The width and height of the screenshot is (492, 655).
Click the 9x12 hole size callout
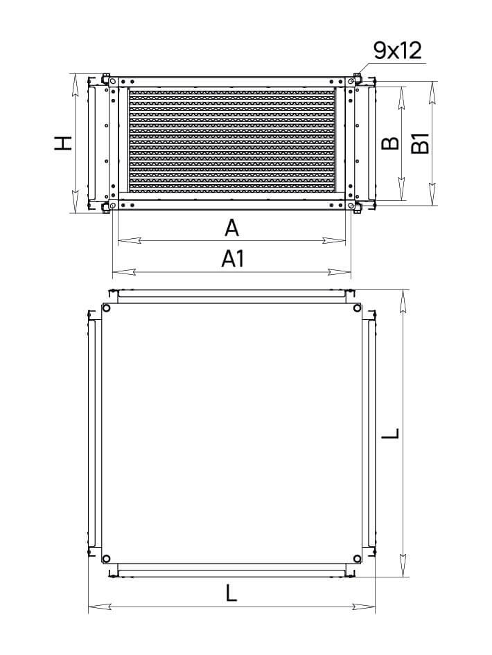[x=398, y=51]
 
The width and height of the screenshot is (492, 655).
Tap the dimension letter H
[x=63, y=143]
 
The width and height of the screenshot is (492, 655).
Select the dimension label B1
[x=420, y=143]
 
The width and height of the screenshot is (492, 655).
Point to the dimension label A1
[x=233, y=259]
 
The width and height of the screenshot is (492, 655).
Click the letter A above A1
[x=232, y=228]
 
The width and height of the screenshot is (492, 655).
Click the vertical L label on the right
[x=392, y=433]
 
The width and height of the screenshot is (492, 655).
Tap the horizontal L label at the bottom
[x=231, y=593]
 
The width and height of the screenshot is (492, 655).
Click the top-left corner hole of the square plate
[x=106, y=308]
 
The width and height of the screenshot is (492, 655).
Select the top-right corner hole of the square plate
[x=357, y=308]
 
